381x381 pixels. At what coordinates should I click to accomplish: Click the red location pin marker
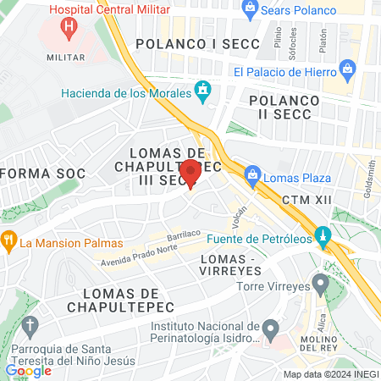[x=191, y=172]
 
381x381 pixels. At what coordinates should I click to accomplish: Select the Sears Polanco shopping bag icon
[x=250, y=9]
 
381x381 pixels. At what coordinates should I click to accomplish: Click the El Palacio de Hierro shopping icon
[x=346, y=69]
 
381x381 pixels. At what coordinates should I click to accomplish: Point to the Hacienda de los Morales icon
[x=202, y=90]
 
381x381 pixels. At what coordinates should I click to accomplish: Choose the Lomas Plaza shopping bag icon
[x=251, y=177]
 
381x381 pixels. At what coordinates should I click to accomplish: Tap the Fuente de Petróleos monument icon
[x=322, y=235]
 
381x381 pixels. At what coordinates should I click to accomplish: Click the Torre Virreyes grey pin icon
[x=320, y=282]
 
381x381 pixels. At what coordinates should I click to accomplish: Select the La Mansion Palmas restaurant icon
[x=8, y=240]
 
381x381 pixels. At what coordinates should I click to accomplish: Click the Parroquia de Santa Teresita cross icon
[x=30, y=325]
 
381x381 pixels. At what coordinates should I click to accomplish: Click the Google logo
[x=28, y=370]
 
